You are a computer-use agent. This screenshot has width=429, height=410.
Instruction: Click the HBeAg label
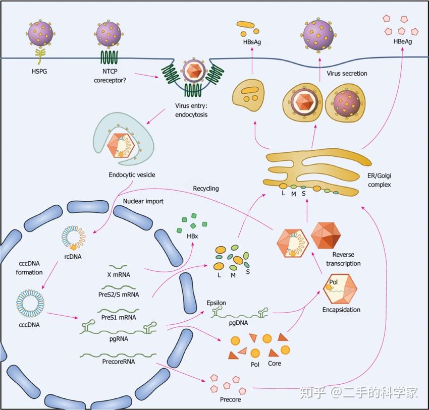(402, 41)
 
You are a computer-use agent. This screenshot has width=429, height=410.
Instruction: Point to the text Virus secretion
(347, 74)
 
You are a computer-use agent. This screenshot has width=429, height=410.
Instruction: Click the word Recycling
(206, 188)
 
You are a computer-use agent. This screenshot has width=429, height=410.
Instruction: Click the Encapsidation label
(341, 310)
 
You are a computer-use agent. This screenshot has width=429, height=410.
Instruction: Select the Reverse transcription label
(343, 259)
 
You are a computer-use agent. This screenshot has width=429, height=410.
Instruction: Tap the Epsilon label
(216, 303)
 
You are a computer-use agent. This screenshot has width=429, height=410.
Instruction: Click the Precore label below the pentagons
(231, 399)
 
